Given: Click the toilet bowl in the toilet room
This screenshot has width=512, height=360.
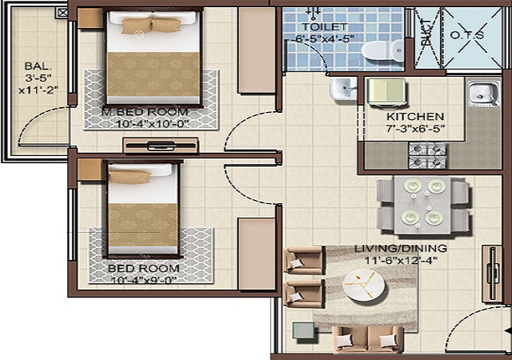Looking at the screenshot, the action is (x=382, y=50).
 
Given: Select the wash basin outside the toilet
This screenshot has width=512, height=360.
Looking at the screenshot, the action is (x=343, y=88).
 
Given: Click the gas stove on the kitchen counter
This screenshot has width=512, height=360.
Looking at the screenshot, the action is (x=427, y=155).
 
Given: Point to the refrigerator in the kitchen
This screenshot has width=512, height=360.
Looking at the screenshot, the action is (x=387, y=92).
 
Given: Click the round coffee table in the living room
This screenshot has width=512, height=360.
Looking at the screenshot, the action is (x=364, y=285).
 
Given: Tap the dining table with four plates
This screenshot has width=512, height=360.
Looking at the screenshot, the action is (x=423, y=205).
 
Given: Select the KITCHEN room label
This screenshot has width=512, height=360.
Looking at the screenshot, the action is (x=415, y=117).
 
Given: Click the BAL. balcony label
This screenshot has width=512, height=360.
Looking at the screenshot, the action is (x=38, y=66).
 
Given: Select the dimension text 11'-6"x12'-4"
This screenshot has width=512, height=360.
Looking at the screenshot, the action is (x=401, y=260).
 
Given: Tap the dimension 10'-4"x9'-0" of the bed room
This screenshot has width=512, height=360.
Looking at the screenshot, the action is (x=144, y=280).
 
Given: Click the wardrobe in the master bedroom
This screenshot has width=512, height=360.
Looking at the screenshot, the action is (x=257, y=50).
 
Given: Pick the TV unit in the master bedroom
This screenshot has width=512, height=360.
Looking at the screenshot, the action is (x=161, y=146).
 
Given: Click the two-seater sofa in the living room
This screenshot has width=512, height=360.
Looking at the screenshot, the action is (x=368, y=340).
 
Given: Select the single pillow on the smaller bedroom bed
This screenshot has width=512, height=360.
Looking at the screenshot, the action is (x=130, y=177).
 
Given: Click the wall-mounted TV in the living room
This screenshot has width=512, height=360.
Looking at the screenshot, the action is (x=492, y=274).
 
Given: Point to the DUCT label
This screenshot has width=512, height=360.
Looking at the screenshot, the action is (x=426, y=33).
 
